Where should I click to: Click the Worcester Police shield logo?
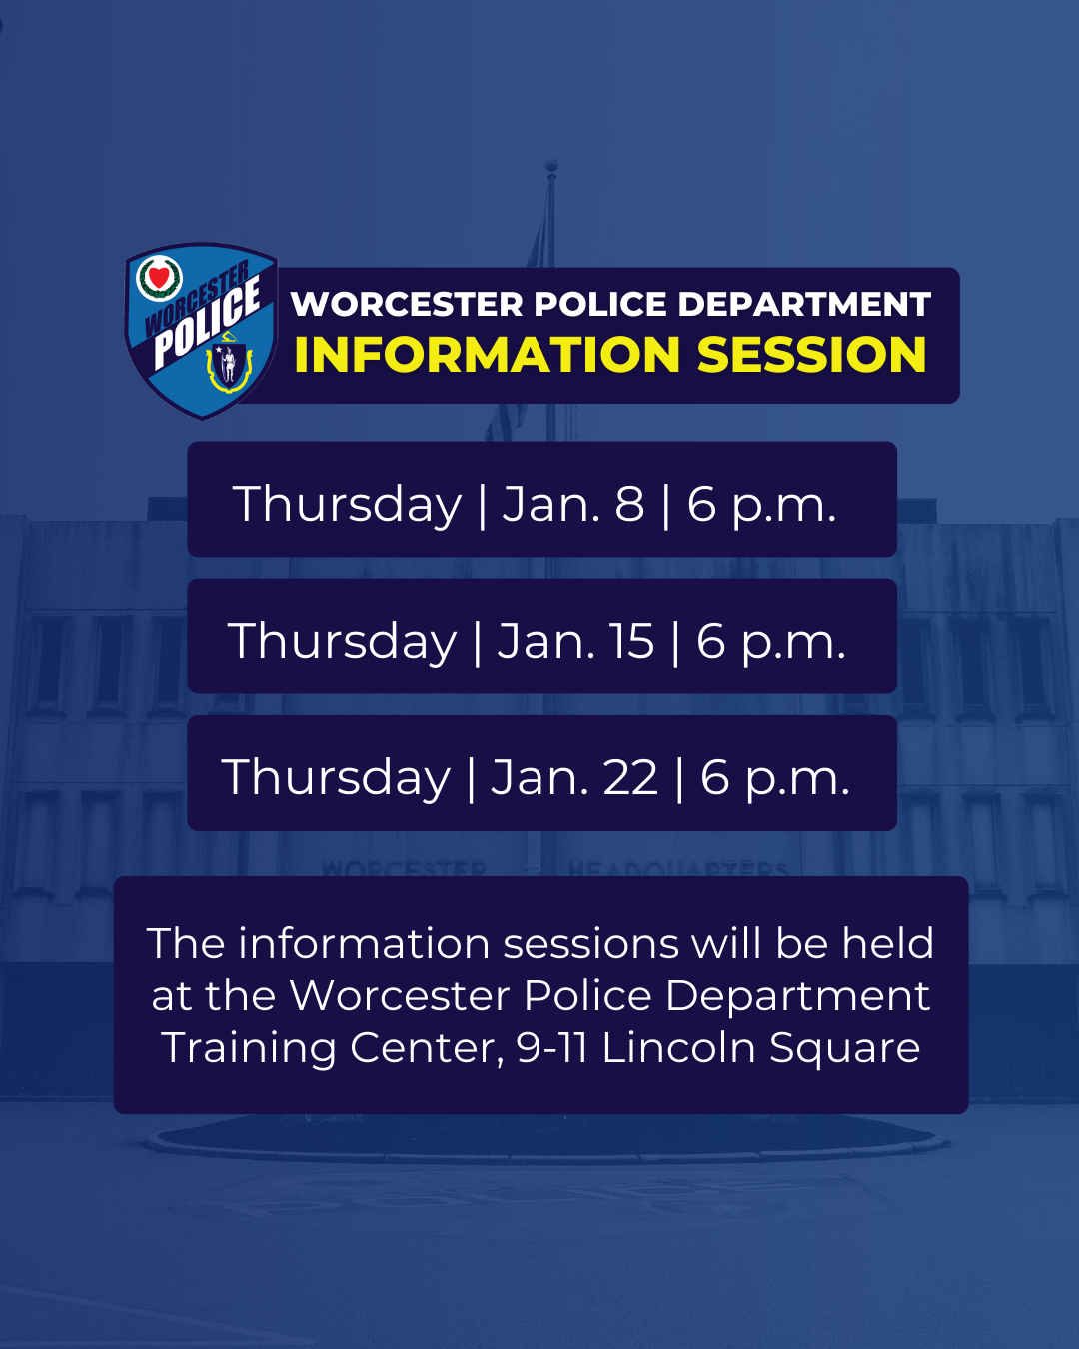coord(201,330)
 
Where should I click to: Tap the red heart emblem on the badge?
coord(159,276)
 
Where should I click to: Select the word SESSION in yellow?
coord(811,355)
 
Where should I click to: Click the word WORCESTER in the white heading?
coord(407,304)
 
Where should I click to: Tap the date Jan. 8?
coord(573,503)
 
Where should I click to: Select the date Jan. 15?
coord(575,640)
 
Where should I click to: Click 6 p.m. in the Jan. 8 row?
coord(761,503)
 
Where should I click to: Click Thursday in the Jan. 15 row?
coord(343,640)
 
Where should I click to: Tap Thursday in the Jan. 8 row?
coord(347,503)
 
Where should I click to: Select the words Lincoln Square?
coord(760,1047)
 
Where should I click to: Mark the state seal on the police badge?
coord(229,367)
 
